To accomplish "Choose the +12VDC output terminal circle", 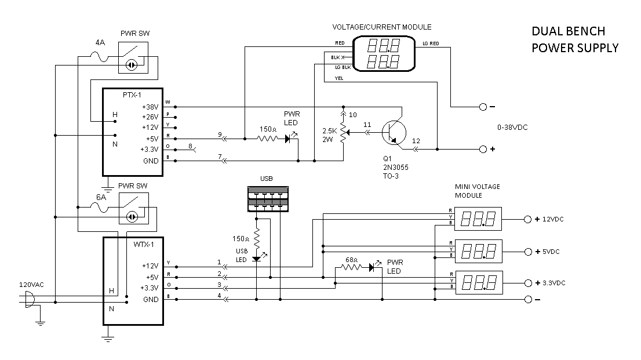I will tap(527, 220).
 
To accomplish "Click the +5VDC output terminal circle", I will tap(527, 252).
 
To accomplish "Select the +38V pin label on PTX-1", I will tap(150, 107).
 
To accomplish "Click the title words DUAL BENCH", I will tap(568, 31).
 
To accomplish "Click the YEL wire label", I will tap(339, 80).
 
